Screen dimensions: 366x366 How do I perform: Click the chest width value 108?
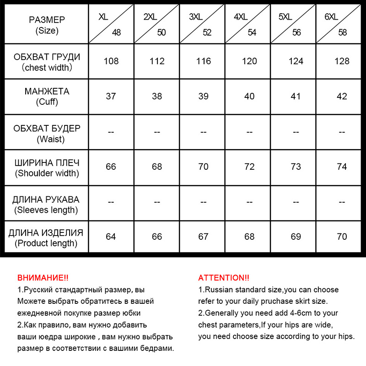tap(111, 61)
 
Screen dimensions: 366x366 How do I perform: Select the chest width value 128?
tap(342, 61)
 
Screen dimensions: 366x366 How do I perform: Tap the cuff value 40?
tap(249, 97)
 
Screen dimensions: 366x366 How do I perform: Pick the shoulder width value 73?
tap(296, 167)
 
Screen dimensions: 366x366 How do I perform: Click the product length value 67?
tap(203, 237)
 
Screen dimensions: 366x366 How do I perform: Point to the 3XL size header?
tap(195, 17)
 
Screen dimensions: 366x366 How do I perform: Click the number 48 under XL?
tap(116, 32)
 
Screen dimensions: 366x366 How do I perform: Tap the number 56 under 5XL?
tap(296, 32)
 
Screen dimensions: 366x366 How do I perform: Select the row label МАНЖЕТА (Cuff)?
tap(47, 97)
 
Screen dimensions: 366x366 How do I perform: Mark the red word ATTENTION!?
tap(224, 278)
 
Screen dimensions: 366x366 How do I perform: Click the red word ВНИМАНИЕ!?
tap(43, 278)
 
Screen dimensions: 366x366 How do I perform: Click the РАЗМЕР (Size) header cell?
tap(47, 25)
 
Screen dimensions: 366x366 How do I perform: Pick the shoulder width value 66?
tap(111, 167)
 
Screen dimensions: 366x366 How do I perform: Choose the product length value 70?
tap(342, 237)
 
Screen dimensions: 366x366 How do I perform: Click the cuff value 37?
tap(111, 97)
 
